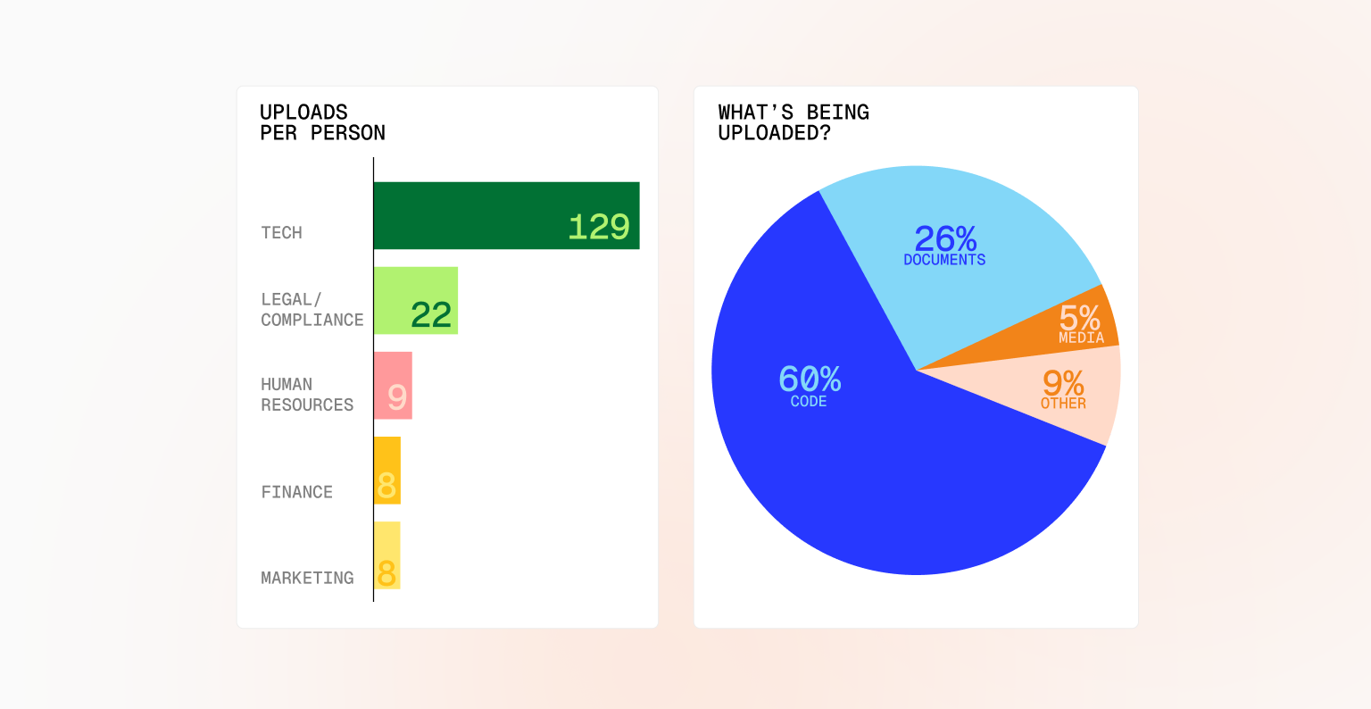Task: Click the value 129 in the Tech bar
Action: [599, 227]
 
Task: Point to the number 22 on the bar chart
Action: [431, 314]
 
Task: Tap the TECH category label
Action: [282, 233]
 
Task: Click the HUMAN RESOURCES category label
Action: [307, 395]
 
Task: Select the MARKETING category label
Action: [307, 578]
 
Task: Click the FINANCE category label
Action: [297, 492]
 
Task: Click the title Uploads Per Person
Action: [322, 122]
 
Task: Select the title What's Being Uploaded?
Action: [794, 122]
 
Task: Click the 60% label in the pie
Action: [810, 380]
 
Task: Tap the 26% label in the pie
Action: [945, 238]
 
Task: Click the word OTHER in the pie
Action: [1063, 404]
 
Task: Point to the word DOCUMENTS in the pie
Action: [944, 260]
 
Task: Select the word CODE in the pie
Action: [809, 402]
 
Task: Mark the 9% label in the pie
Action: [1063, 383]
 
